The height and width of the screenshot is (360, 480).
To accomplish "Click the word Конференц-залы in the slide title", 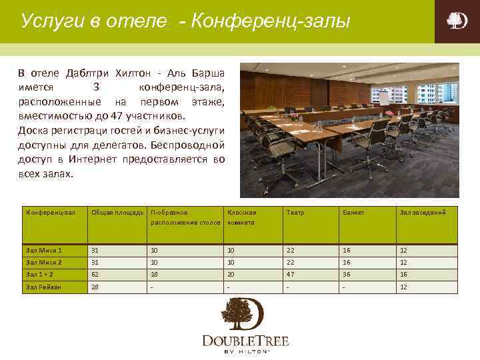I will (270, 21).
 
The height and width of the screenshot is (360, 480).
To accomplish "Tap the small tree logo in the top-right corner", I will (457, 21).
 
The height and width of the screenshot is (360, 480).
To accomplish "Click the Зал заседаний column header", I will (423, 213).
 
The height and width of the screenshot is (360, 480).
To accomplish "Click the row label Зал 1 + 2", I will (41, 275).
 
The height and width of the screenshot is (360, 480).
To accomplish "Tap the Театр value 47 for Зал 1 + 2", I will (291, 275).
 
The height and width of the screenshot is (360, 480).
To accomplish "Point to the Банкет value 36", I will (347, 275).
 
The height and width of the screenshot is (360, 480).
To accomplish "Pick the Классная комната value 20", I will (231, 275).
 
